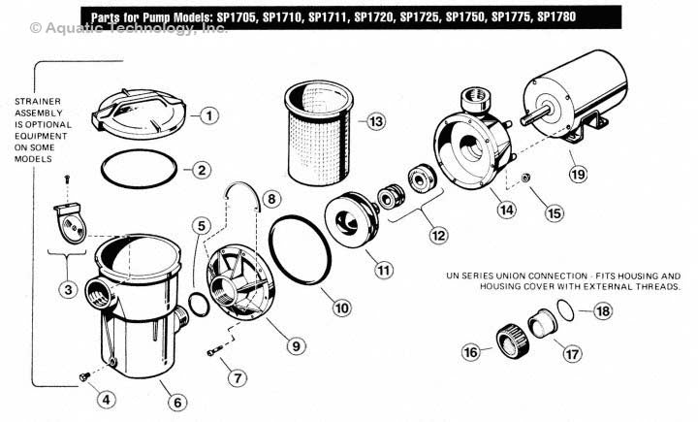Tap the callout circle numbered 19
(578, 175)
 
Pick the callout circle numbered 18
(602, 311)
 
